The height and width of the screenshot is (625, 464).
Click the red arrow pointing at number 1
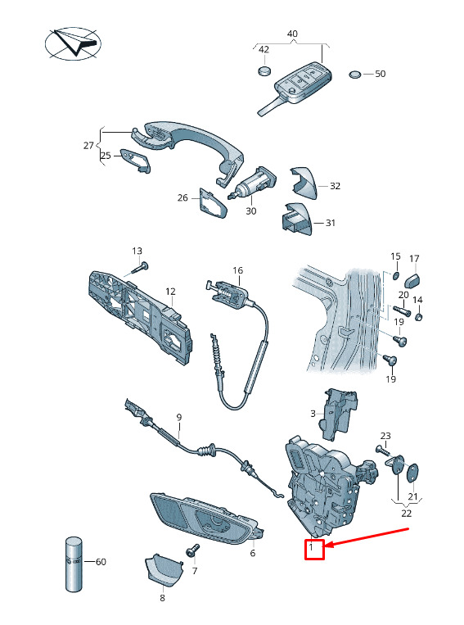[368, 537]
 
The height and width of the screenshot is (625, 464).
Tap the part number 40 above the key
[292, 34]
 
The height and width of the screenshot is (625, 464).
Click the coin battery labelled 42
[264, 71]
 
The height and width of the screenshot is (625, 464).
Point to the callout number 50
[381, 74]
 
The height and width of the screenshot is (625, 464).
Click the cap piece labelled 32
[304, 183]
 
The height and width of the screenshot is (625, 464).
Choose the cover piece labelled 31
[297, 220]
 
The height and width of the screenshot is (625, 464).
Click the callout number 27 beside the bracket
[88, 146]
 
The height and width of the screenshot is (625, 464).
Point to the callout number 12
[170, 292]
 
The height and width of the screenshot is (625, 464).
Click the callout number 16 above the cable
[238, 270]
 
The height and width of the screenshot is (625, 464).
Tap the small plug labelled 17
[412, 281]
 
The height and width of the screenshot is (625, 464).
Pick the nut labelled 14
[418, 317]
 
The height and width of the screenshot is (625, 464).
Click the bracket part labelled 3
[340, 414]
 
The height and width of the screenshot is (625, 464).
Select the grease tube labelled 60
[74, 564]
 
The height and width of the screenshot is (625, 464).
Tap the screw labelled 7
[192, 551]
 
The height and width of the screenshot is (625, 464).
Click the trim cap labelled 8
[164, 569]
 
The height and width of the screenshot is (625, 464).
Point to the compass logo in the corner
[74, 43]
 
